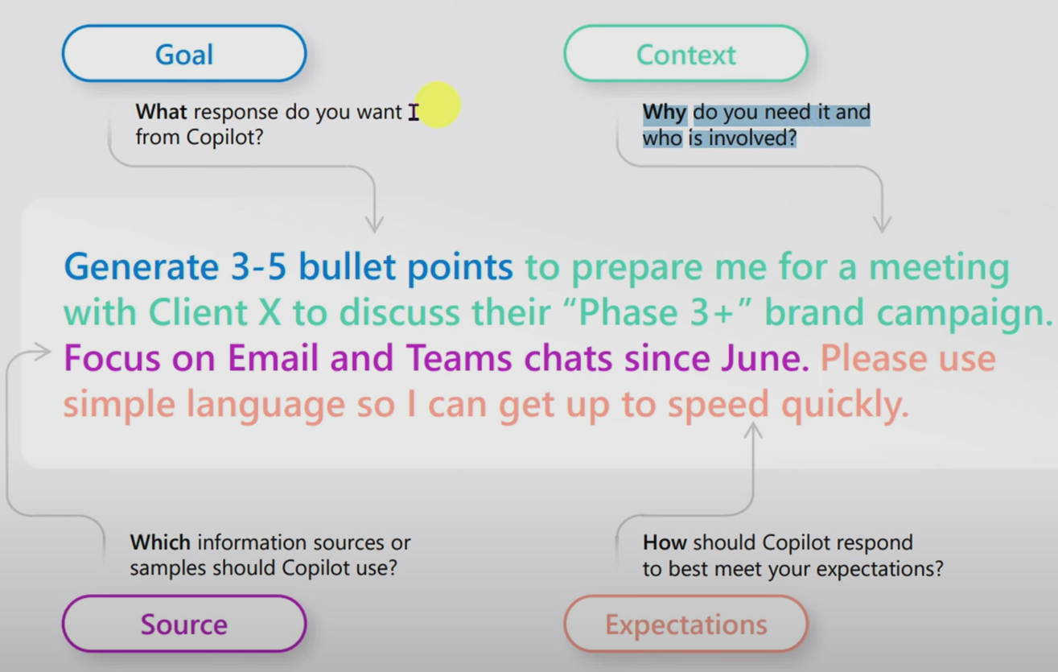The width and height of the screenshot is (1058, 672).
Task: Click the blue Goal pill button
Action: click(x=184, y=53)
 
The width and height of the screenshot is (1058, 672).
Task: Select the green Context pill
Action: click(x=685, y=53)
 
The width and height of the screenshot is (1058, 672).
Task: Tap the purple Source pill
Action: click(x=184, y=624)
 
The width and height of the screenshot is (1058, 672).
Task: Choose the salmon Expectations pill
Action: click(x=685, y=624)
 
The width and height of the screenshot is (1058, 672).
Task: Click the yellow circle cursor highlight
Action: click(x=438, y=105)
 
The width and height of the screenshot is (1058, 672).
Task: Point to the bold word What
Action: click(x=161, y=112)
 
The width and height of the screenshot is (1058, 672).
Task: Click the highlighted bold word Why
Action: click(x=664, y=112)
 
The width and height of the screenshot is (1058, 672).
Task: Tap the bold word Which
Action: click(x=160, y=542)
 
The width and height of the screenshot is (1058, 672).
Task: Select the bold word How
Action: click(x=665, y=542)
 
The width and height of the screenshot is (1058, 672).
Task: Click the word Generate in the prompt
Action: click(x=142, y=267)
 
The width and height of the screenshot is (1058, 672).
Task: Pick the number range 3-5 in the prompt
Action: click(x=259, y=267)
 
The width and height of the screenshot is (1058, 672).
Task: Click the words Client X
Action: click(x=215, y=312)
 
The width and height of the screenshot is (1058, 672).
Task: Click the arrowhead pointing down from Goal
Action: click(x=375, y=224)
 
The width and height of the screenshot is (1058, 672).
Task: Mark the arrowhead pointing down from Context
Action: click(x=882, y=224)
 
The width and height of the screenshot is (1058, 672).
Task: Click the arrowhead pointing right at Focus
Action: click(x=43, y=352)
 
